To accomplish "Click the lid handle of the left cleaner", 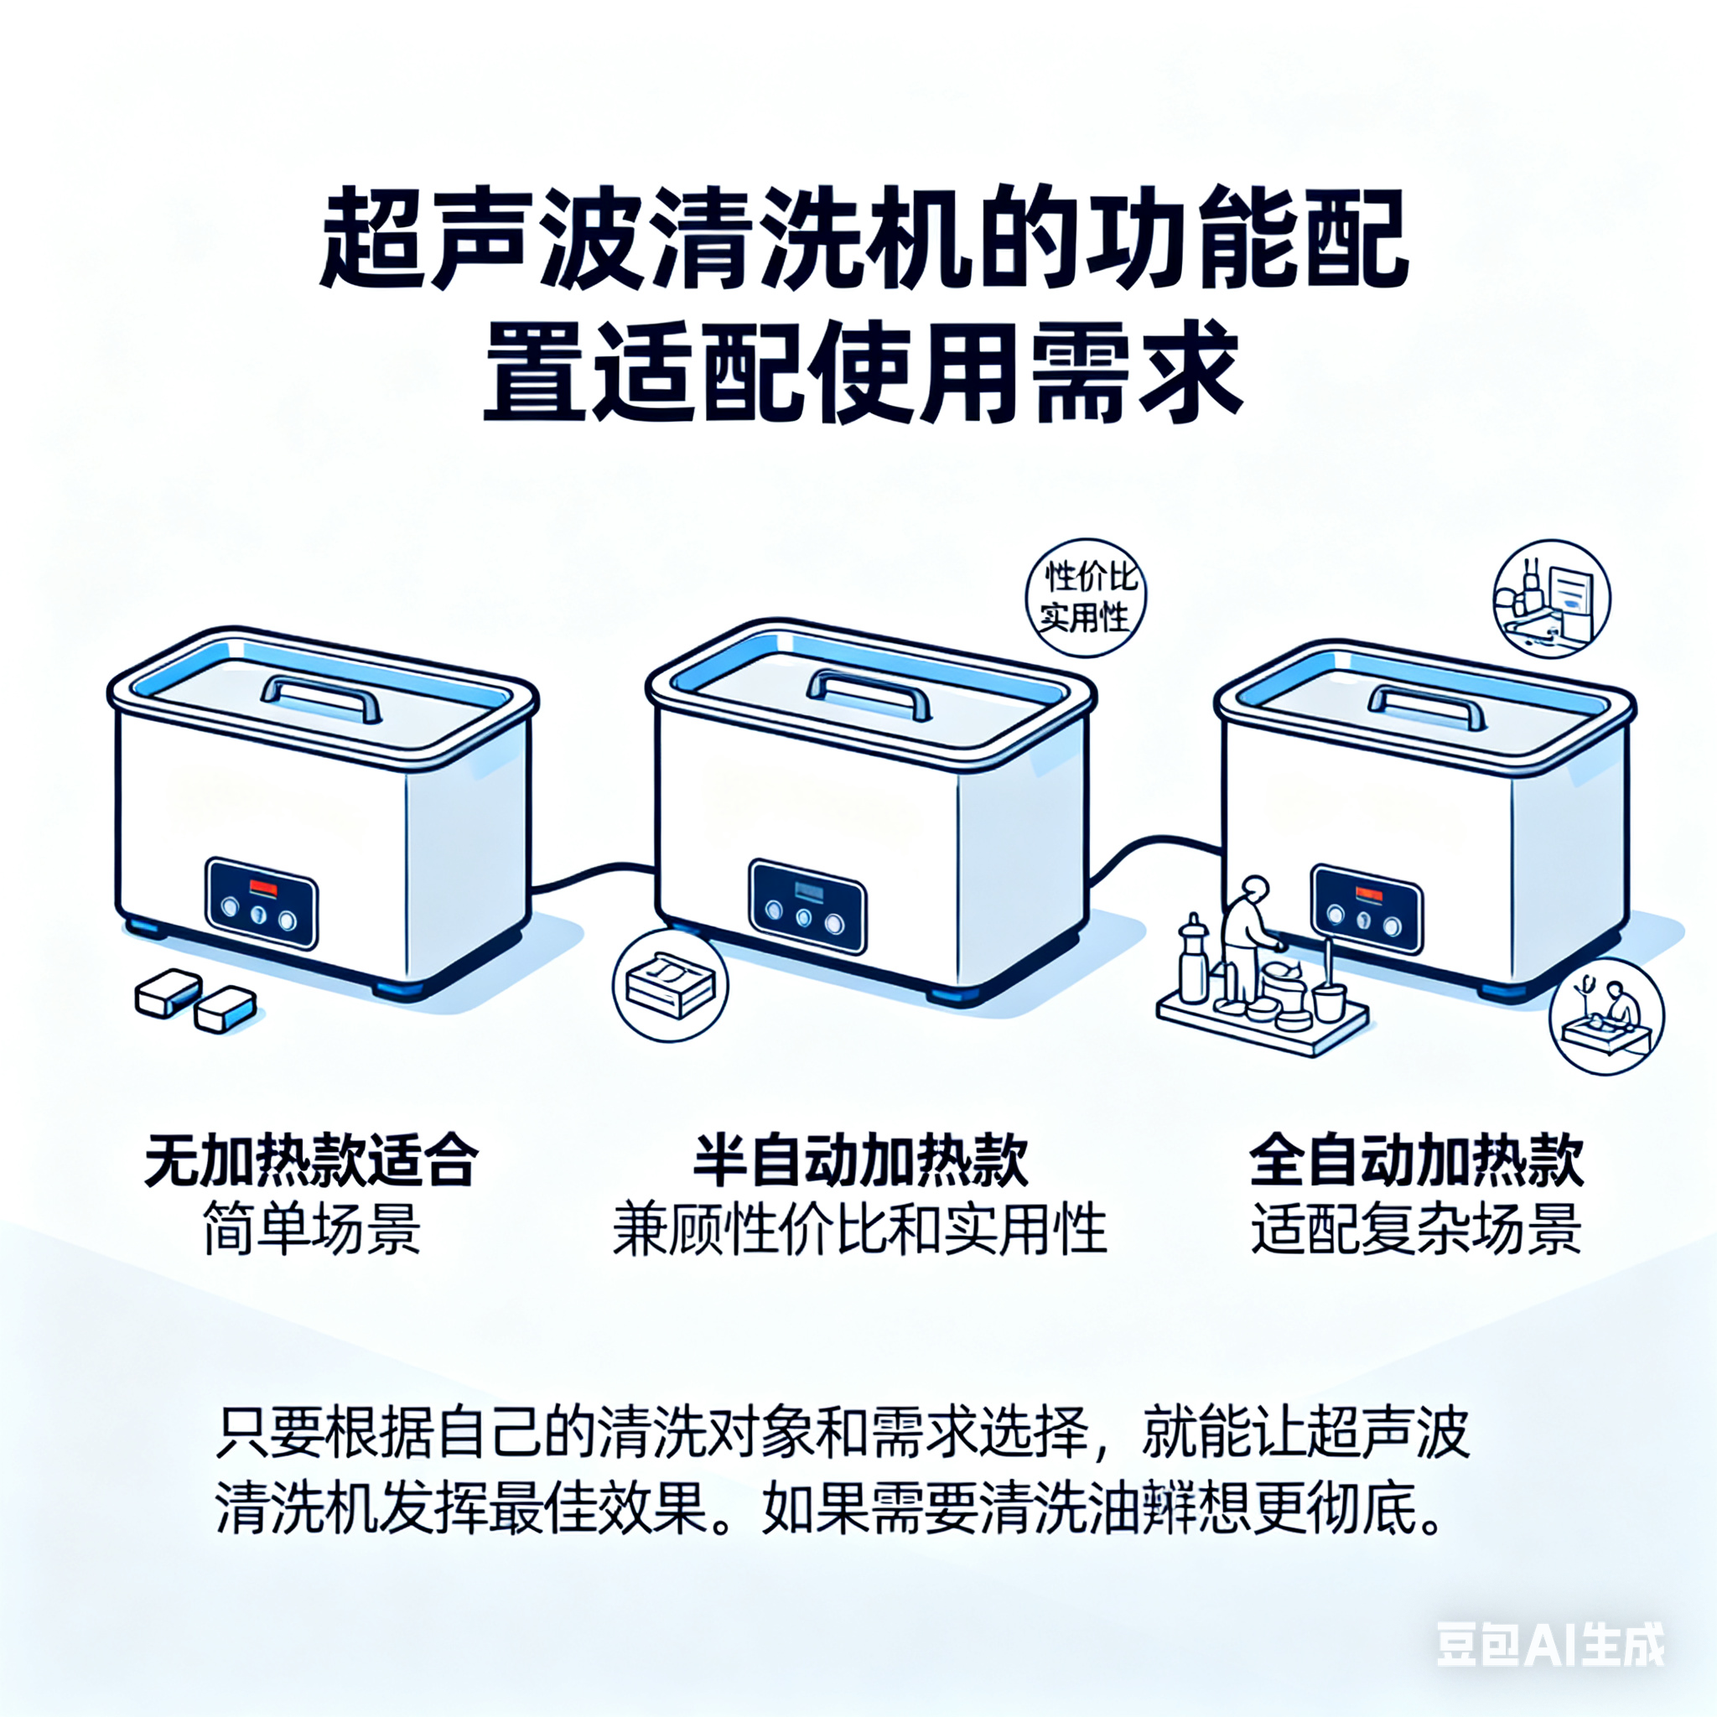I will click(322, 699).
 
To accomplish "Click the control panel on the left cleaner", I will click(262, 902).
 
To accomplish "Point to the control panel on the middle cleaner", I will click(807, 906).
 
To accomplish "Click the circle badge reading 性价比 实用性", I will click(1085, 598).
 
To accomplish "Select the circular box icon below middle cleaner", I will click(670, 985).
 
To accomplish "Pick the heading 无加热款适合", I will click(311, 1160).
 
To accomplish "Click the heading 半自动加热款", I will click(859, 1160).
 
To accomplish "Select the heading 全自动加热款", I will click(1417, 1160).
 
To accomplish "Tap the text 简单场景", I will click(311, 1229).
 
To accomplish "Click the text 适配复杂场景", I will click(1417, 1229).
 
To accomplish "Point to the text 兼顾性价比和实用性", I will click(859, 1229).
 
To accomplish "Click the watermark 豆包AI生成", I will click(1551, 1644).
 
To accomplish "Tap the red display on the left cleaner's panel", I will click(264, 886).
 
